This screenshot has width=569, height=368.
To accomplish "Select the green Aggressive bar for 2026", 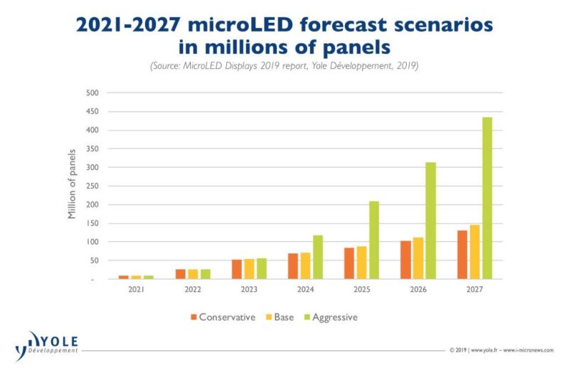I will pos(430,221).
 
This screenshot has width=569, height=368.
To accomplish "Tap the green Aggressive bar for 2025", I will pos(374,240).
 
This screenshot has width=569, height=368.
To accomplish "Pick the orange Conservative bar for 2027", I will pos(462,254).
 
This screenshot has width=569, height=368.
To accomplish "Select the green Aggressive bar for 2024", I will pos(317,257).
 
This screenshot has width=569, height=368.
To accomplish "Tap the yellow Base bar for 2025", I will pos(361,263).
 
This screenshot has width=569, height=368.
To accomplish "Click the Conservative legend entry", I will pos(223,317).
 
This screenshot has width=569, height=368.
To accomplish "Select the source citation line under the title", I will pos(284,66).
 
